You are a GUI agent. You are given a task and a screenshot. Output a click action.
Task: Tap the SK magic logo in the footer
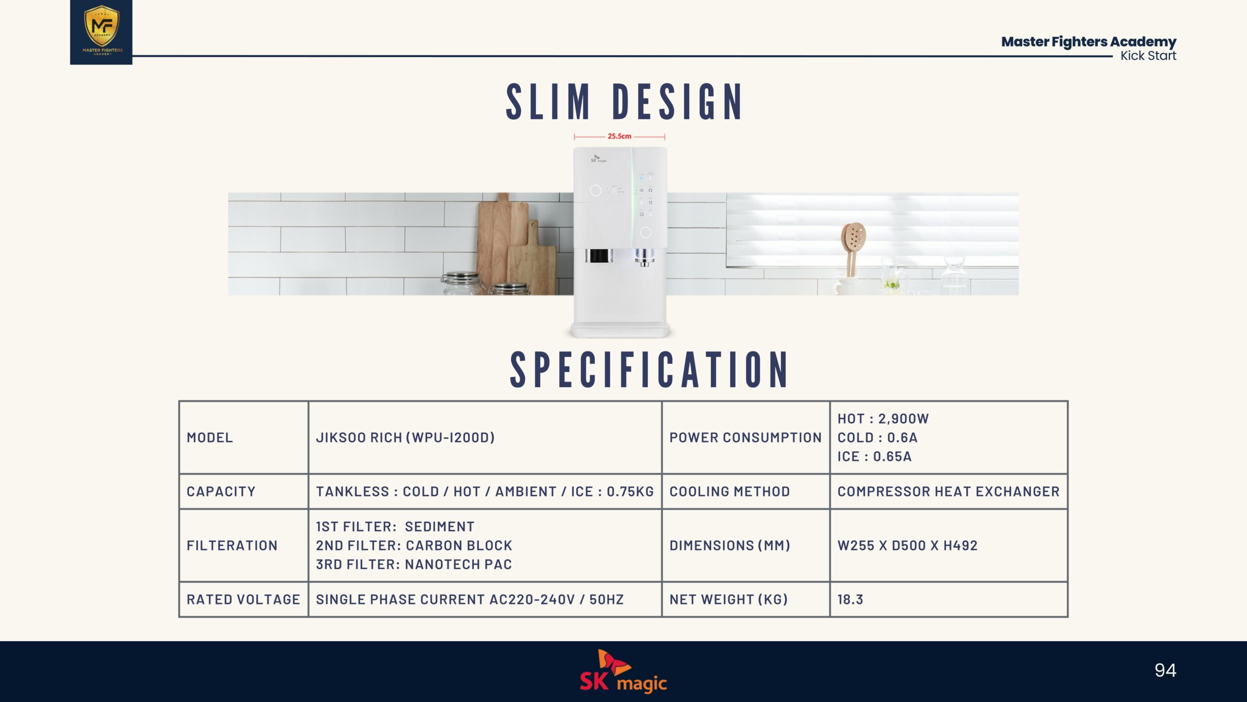coord(623,671)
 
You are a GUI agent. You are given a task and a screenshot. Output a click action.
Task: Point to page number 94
coord(1165,670)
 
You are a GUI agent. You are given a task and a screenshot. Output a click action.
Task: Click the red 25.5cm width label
coord(619,136)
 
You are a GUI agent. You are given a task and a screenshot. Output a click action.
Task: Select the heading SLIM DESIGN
coord(624,102)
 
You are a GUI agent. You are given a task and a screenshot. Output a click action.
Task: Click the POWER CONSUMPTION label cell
coord(745,438)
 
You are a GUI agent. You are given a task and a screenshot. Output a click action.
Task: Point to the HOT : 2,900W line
coord(883,419)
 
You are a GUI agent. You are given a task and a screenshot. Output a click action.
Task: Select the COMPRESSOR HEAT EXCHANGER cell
coord(948,491)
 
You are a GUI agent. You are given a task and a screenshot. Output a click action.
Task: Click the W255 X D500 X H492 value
coord(907,546)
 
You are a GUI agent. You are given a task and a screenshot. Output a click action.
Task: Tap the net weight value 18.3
coord(850,600)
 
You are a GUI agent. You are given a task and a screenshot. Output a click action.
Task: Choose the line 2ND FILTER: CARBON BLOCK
coord(414,546)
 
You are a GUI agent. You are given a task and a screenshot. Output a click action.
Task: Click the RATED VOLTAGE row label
coord(243,600)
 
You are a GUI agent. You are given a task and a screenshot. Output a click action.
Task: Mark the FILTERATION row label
coord(232,546)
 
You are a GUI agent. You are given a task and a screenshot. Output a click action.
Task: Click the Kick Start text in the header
coord(1148,56)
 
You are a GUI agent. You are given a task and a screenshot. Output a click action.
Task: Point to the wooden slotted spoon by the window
coord(852,249)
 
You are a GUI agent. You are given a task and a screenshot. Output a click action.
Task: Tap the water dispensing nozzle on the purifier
coord(644,257)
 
